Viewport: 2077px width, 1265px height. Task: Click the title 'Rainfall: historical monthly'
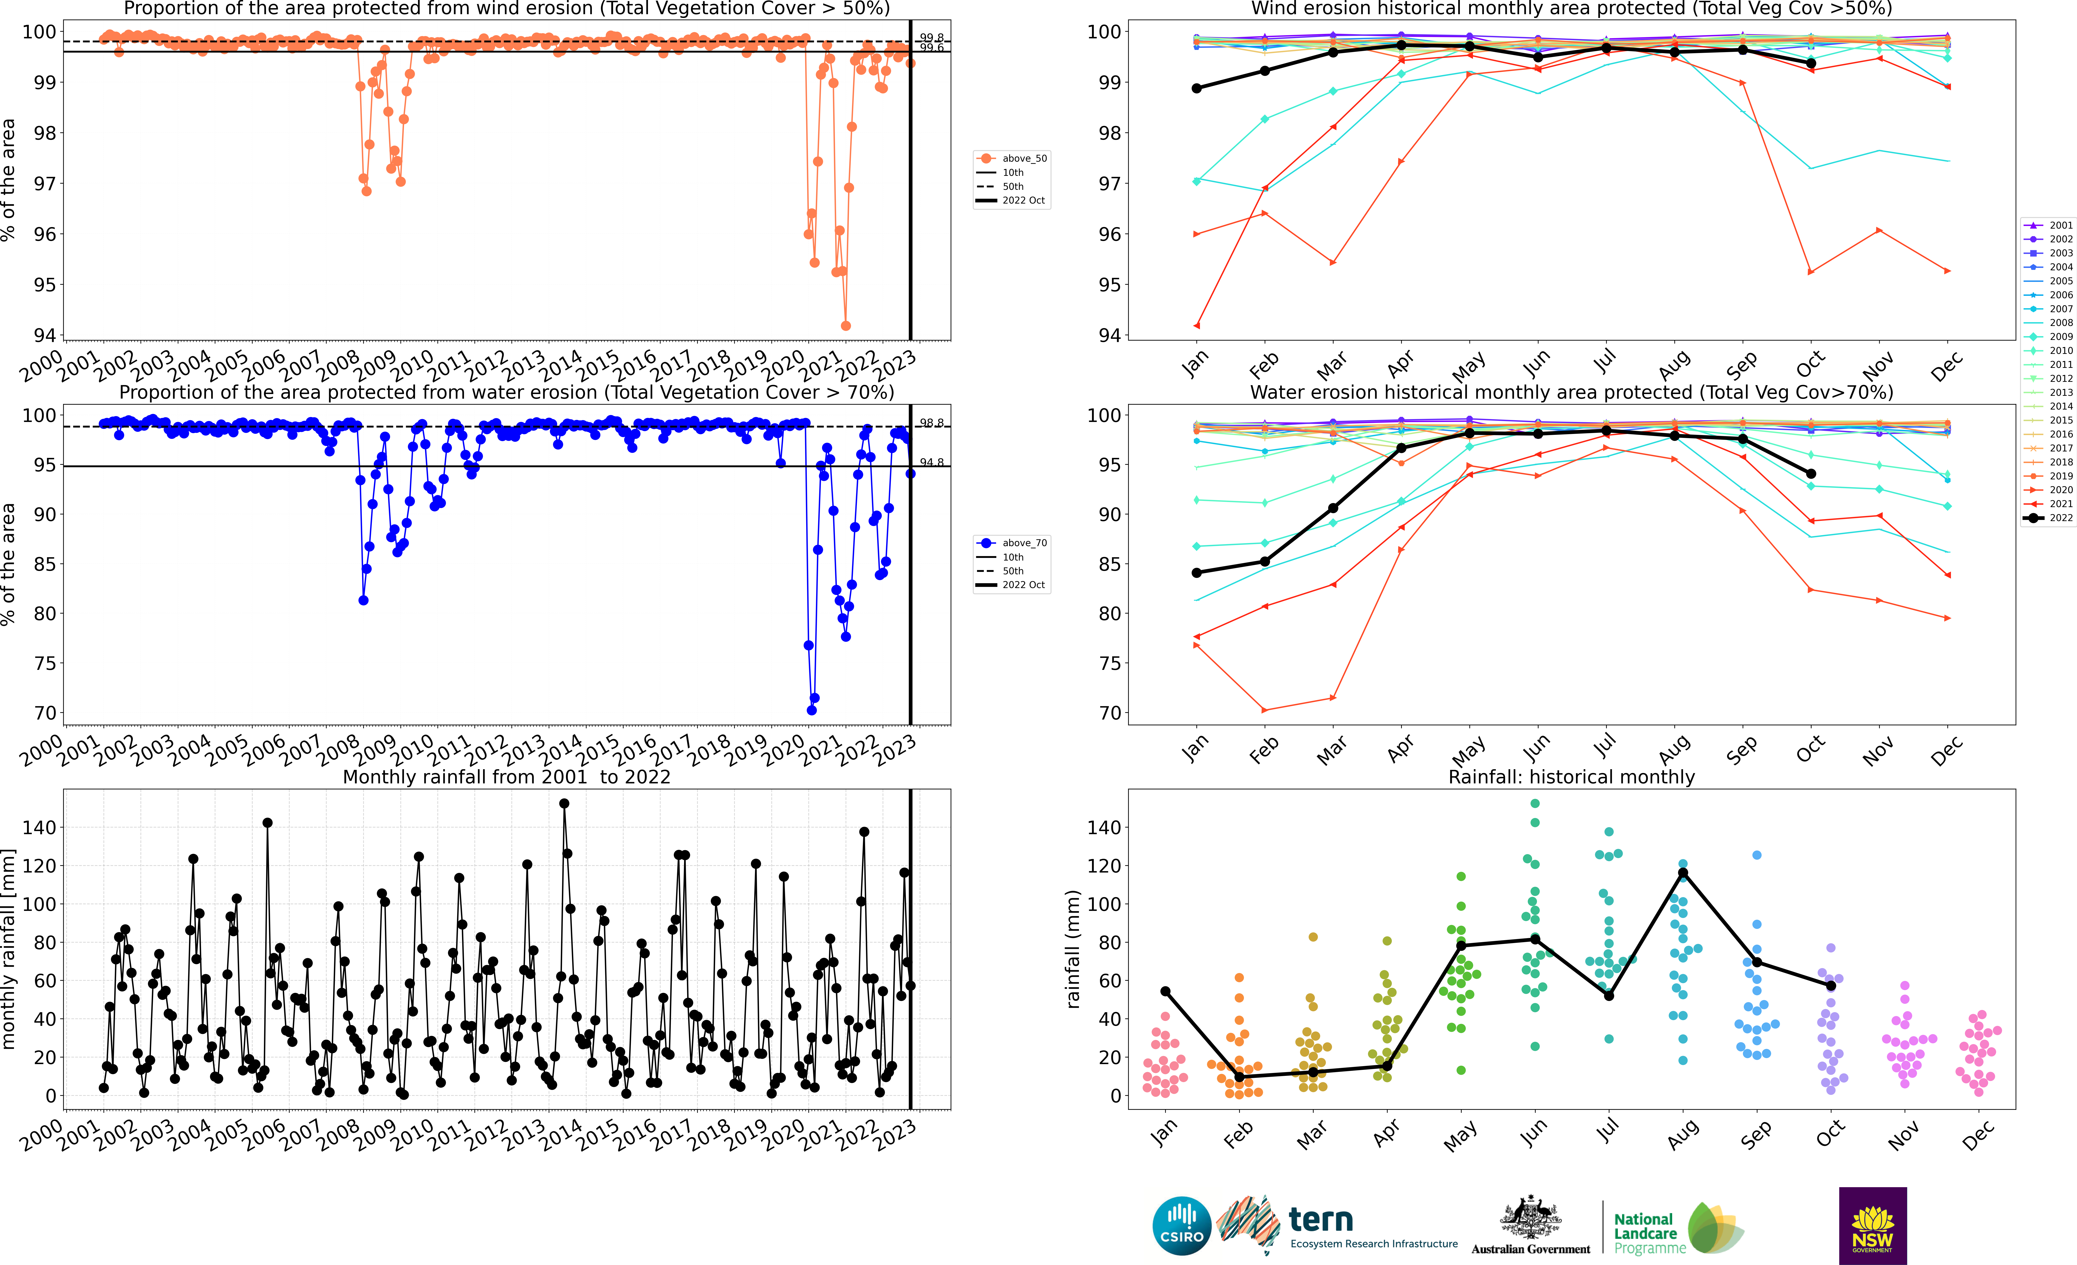[x=1571, y=777]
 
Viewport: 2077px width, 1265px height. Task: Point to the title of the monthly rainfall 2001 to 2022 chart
[x=507, y=777]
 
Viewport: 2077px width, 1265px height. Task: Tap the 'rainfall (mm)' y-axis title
[x=1073, y=949]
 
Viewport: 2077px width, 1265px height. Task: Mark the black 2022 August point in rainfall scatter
[x=1683, y=873]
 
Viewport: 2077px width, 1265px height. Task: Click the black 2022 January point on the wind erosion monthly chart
[x=1197, y=88]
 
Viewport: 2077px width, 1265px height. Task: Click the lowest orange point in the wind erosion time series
[x=845, y=326]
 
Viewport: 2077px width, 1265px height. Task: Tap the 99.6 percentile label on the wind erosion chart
[x=931, y=48]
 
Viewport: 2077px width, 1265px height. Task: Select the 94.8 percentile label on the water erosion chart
[x=931, y=462]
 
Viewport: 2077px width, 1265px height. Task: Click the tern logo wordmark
[x=1321, y=1220]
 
